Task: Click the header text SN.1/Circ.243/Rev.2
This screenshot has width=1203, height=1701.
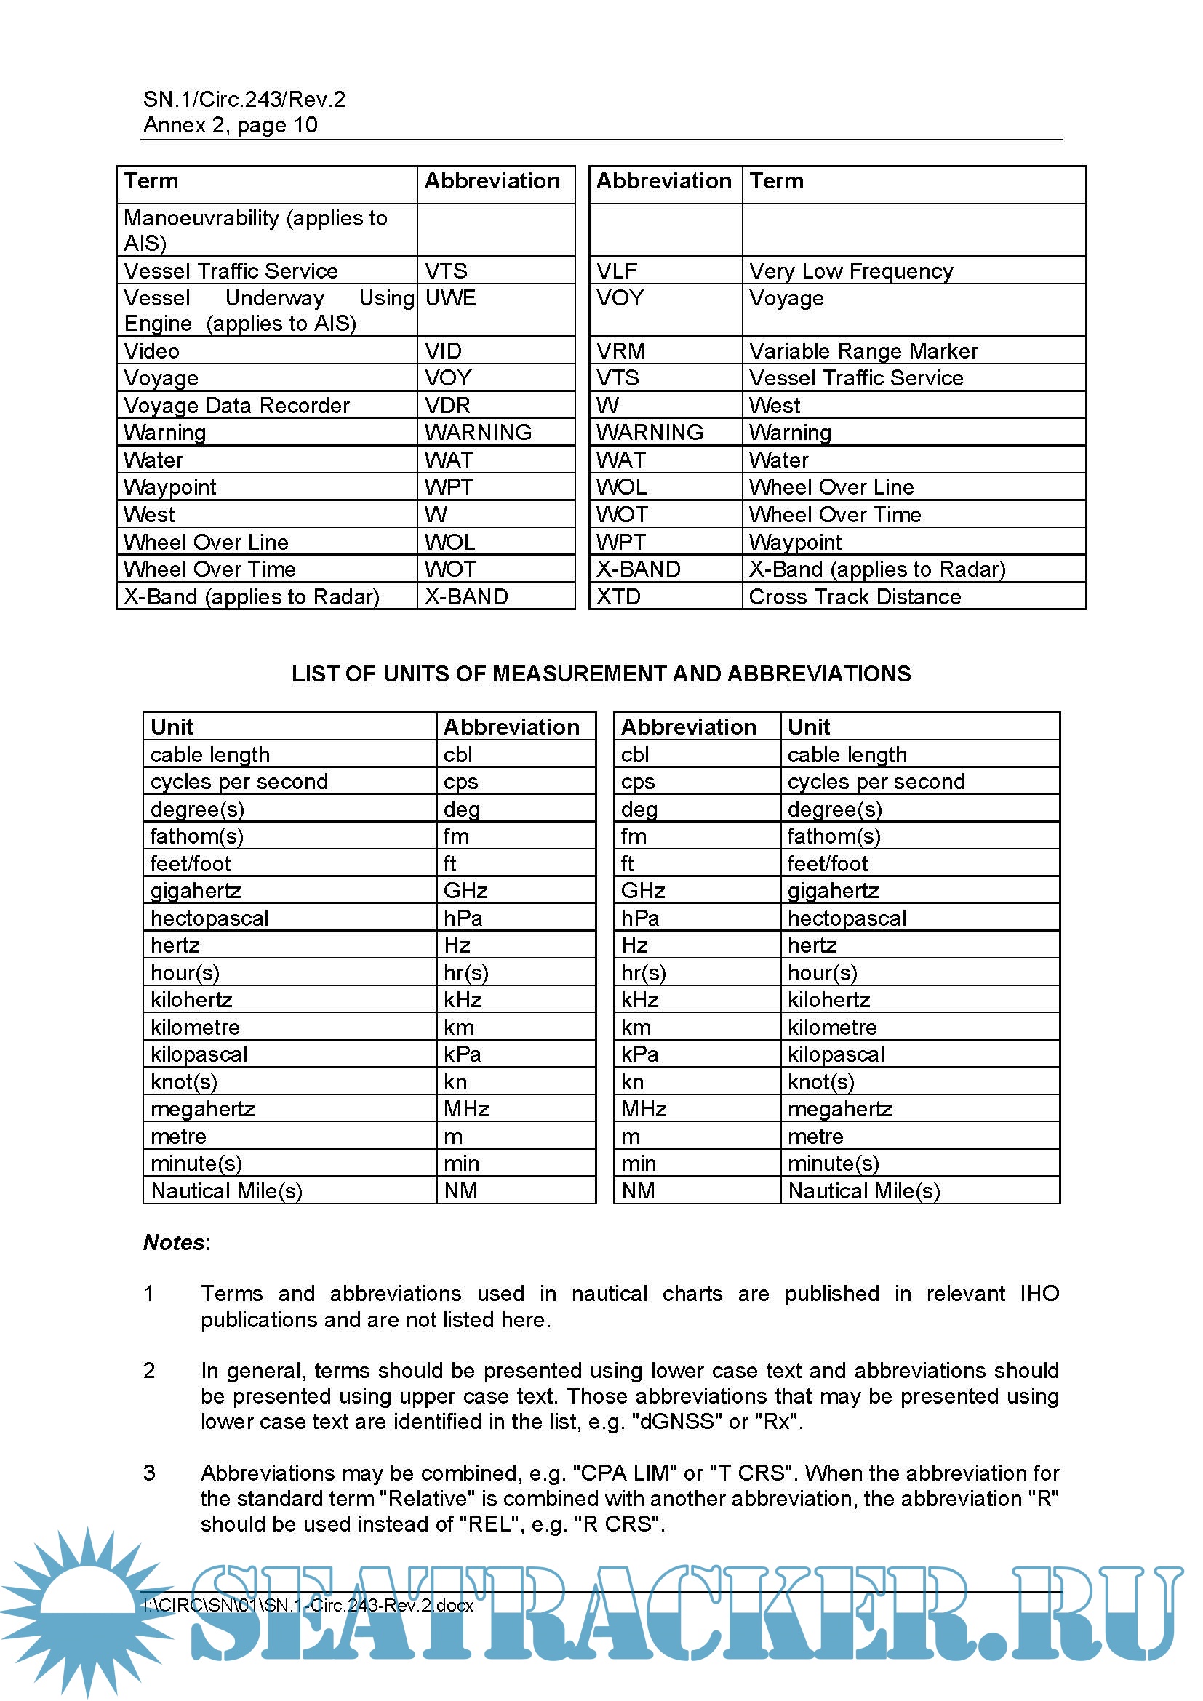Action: coord(244,100)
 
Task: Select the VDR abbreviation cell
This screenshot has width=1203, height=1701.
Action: coord(447,405)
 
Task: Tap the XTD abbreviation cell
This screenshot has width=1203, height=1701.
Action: coord(618,596)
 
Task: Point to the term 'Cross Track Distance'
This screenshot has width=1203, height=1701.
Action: coord(854,596)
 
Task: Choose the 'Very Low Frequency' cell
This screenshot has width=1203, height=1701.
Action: coord(850,271)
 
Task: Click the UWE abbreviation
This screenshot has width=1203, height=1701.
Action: coord(449,298)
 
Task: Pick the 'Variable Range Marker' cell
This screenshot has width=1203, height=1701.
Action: coord(863,351)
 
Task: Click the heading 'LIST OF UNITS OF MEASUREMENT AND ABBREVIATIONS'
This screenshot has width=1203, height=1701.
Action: coord(601,673)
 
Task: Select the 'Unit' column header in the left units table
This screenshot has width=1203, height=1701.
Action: coord(171,727)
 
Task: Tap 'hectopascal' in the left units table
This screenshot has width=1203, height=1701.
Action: coord(209,918)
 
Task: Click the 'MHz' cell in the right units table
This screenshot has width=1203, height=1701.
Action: coord(643,1109)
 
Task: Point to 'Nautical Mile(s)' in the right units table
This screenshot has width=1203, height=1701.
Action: coord(863,1190)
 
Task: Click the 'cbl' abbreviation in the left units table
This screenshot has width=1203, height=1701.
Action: coord(457,754)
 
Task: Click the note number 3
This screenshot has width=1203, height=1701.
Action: coord(149,1473)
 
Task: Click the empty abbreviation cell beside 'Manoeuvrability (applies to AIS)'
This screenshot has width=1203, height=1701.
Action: coord(495,231)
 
